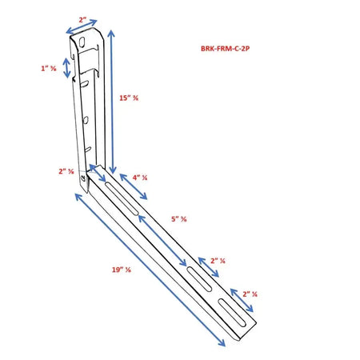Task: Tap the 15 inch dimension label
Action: pyautogui.click(x=129, y=99)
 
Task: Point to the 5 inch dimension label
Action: pyautogui.click(x=178, y=218)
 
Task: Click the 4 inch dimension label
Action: pyautogui.click(x=140, y=178)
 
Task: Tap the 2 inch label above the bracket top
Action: pyautogui.click(x=82, y=20)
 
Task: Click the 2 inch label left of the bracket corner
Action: pyautogui.click(x=67, y=170)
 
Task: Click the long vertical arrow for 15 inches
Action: pyautogui.click(x=113, y=100)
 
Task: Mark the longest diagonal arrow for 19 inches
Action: pyautogui.click(x=149, y=270)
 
